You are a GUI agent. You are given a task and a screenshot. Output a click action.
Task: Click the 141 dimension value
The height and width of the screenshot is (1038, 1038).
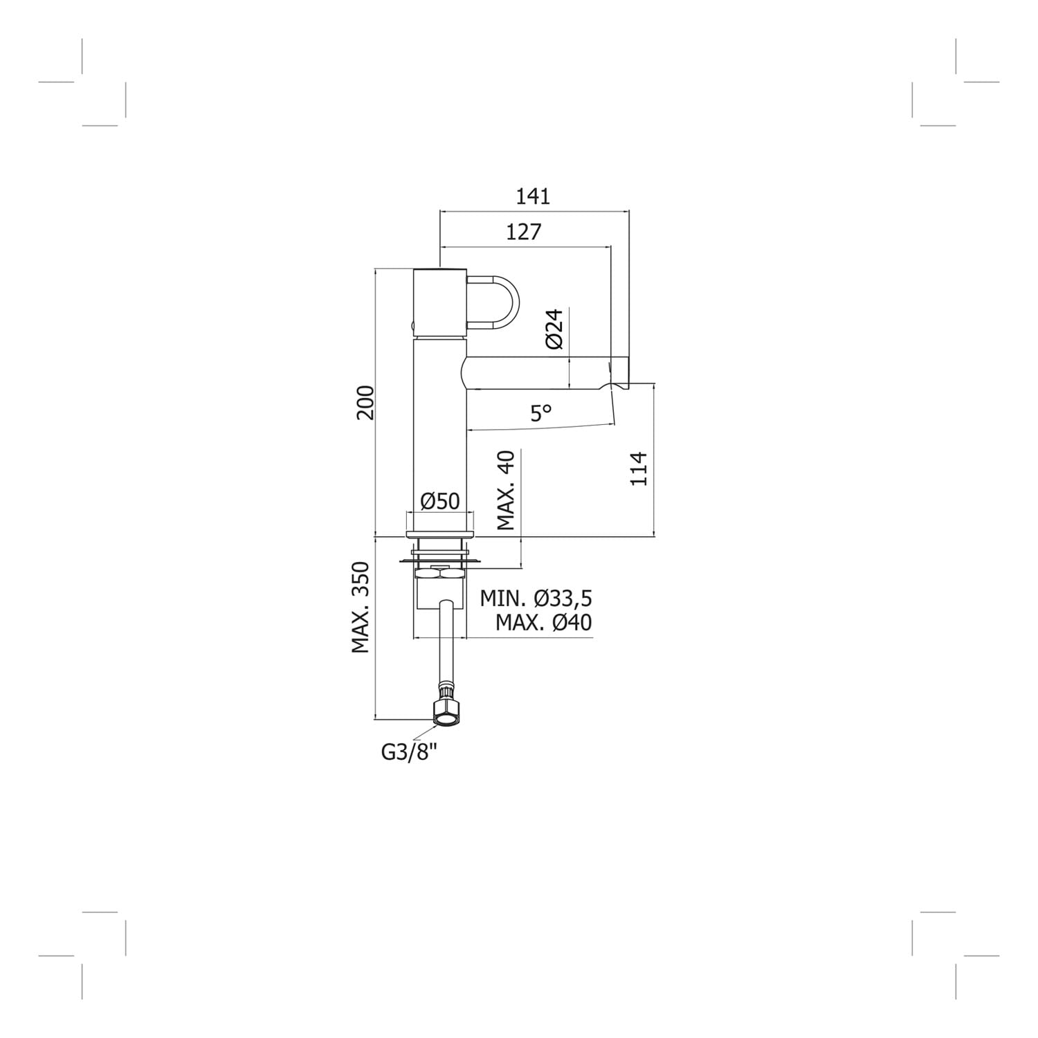click(533, 197)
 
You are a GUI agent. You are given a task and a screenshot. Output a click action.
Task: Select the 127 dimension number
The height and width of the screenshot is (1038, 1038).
click(524, 232)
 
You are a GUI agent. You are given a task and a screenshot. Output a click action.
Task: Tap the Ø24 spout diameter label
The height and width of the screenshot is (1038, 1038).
click(555, 329)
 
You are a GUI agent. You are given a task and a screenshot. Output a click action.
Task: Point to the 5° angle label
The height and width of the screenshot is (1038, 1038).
click(541, 413)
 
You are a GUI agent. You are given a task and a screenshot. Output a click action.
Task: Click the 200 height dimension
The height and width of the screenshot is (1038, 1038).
click(365, 402)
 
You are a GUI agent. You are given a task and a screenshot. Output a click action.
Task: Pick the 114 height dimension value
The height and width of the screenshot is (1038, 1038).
click(639, 468)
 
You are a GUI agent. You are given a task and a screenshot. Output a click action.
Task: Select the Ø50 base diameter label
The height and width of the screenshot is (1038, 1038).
click(440, 500)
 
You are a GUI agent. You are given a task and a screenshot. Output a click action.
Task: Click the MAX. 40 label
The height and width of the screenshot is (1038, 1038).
click(507, 490)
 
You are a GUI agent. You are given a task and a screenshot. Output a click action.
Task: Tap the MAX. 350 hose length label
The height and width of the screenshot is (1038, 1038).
click(361, 608)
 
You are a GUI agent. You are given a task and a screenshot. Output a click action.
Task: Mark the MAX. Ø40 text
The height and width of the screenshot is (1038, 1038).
click(544, 623)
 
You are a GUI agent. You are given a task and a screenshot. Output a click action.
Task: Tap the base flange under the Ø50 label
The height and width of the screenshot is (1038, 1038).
click(440, 534)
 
